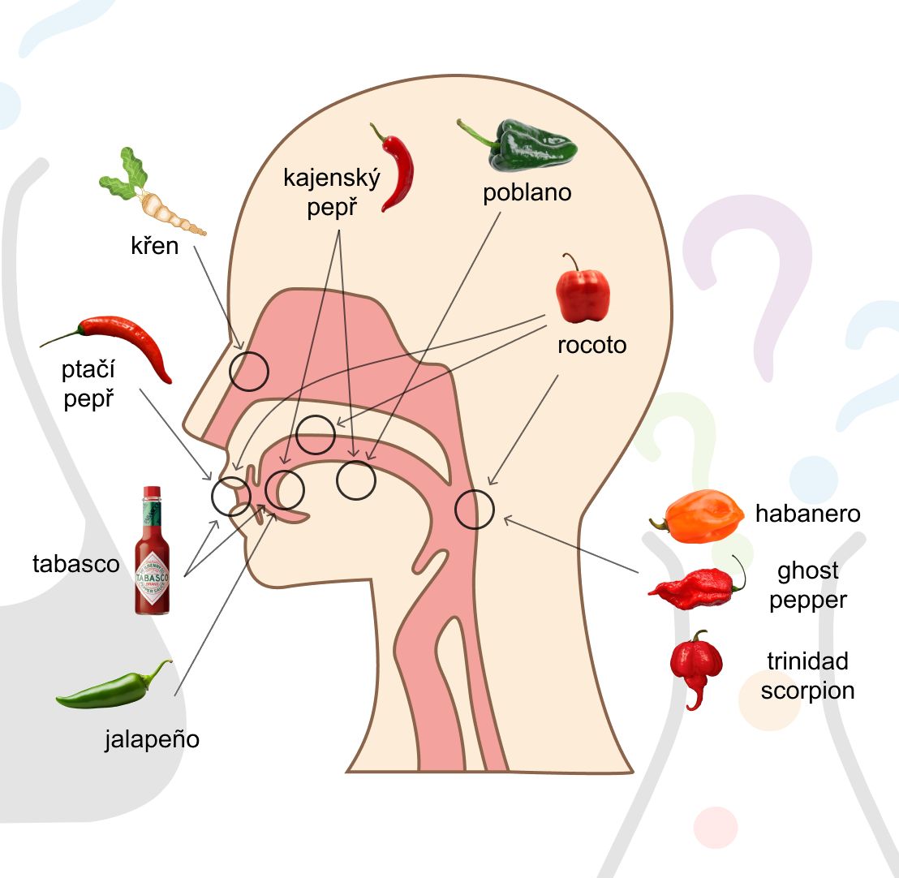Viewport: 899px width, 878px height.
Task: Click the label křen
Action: pyautogui.click(x=155, y=245)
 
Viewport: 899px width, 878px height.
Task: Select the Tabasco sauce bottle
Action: pyautogui.click(x=153, y=551)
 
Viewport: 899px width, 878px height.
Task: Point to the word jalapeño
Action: pyautogui.click(x=152, y=739)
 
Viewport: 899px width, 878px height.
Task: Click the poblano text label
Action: pyautogui.click(x=527, y=193)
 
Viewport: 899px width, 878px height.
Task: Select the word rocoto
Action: pyautogui.click(x=591, y=344)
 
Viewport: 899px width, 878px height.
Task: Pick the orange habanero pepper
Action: pyautogui.click(x=699, y=517)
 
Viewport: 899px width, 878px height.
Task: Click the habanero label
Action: pyautogui.click(x=807, y=514)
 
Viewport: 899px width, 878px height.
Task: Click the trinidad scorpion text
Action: pyautogui.click(x=807, y=676)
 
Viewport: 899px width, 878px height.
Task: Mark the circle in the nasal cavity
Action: pyautogui.click(x=248, y=371)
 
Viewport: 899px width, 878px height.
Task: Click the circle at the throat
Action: pyautogui.click(x=474, y=510)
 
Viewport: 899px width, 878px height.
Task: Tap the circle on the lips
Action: pyautogui.click(x=230, y=496)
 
